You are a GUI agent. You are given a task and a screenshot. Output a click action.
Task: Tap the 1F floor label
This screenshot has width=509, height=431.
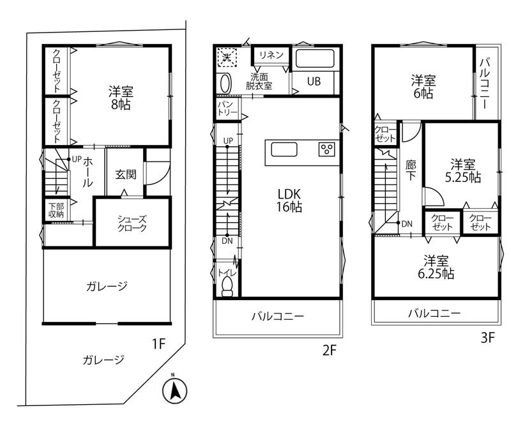point(159,345)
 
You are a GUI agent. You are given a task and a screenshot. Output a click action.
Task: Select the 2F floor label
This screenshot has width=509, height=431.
point(329,350)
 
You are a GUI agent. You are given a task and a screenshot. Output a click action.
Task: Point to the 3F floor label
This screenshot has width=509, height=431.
point(488,338)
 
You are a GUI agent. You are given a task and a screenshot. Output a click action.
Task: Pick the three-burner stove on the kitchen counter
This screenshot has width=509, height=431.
point(328,150)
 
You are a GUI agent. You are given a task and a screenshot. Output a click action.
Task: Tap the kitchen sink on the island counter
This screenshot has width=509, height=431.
point(284,149)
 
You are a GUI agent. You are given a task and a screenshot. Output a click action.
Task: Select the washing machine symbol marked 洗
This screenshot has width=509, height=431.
point(226,57)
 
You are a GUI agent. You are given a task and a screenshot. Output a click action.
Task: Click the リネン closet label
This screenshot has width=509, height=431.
point(270,56)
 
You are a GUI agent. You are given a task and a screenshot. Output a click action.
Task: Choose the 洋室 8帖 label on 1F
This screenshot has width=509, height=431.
point(119,98)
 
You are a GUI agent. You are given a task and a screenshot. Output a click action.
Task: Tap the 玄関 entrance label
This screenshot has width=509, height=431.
point(125,173)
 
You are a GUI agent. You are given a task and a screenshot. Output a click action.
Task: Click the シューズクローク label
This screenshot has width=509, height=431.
point(132,223)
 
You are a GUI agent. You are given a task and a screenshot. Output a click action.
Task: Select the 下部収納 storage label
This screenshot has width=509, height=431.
point(56,209)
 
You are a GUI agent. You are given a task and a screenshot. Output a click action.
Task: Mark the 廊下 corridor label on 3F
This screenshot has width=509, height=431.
point(410,169)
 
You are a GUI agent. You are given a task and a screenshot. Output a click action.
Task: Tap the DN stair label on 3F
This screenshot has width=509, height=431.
point(407,223)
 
